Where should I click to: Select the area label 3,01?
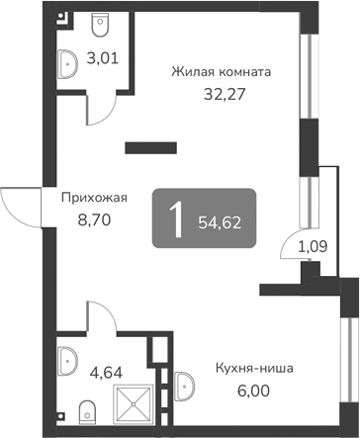(x=104, y=56)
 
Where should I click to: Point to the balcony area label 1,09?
(x=313, y=242)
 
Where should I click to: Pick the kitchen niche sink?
(x=186, y=385)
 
